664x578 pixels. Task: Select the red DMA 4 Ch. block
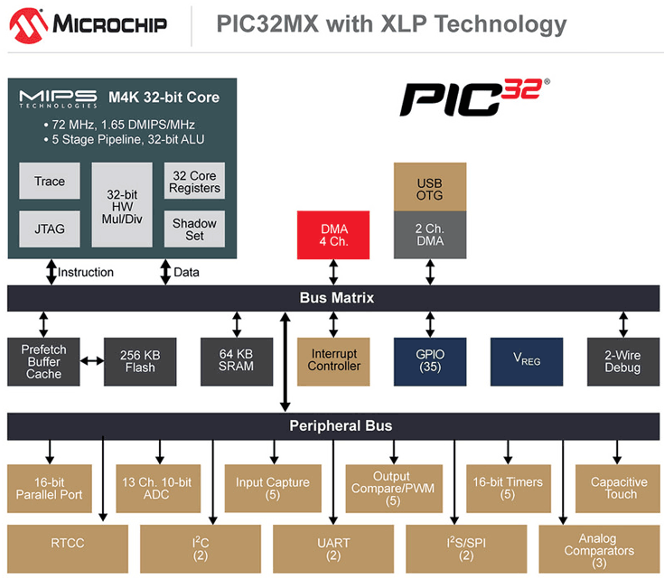(333, 235)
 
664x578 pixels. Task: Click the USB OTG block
(430, 188)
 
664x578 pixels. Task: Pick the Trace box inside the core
(50, 182)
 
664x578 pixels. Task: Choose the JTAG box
(50, 228)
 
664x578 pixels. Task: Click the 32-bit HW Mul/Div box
(122, 205)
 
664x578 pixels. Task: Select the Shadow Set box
(194, 229)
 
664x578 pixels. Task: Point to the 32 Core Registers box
(194, 182)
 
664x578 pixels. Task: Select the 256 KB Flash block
(140, 360)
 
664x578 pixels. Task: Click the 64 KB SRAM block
(236, 360)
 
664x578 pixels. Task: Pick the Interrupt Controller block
(334, 360)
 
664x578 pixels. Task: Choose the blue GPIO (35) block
(430, 360)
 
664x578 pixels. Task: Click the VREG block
(527, 360)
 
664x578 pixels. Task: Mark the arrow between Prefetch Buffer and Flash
(91, 360)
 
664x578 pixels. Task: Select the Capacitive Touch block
(619, 488)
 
